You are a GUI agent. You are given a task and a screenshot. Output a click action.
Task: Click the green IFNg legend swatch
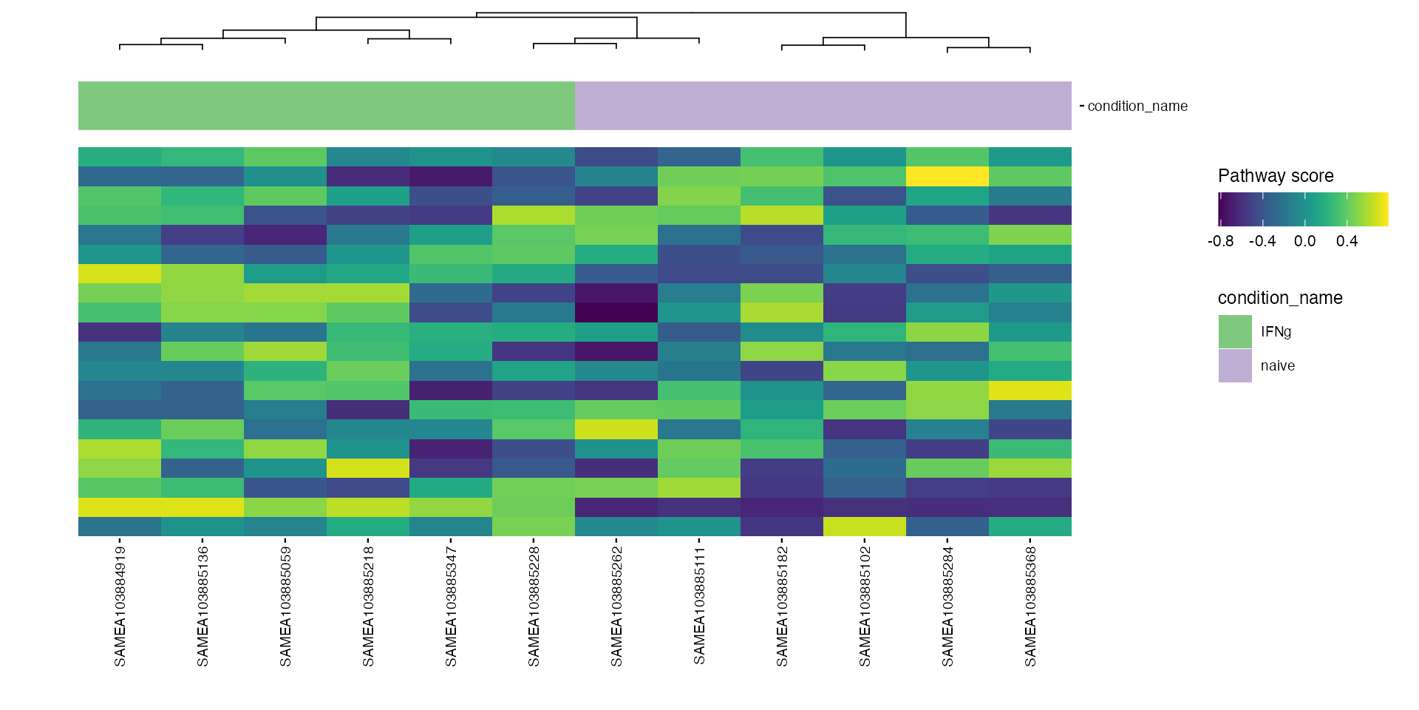point(1235,331)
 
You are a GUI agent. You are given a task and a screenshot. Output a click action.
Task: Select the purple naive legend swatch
point(1235,365)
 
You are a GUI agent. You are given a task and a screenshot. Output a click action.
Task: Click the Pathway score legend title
point(1276,176)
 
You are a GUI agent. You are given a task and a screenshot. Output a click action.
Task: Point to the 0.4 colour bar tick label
point(1347,241)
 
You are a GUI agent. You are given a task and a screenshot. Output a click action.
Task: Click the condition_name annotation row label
point(1137,106)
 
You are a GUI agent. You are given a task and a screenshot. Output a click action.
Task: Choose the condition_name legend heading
point(1280,298)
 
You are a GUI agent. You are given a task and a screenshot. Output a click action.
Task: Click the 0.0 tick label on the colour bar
point(1304,241)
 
